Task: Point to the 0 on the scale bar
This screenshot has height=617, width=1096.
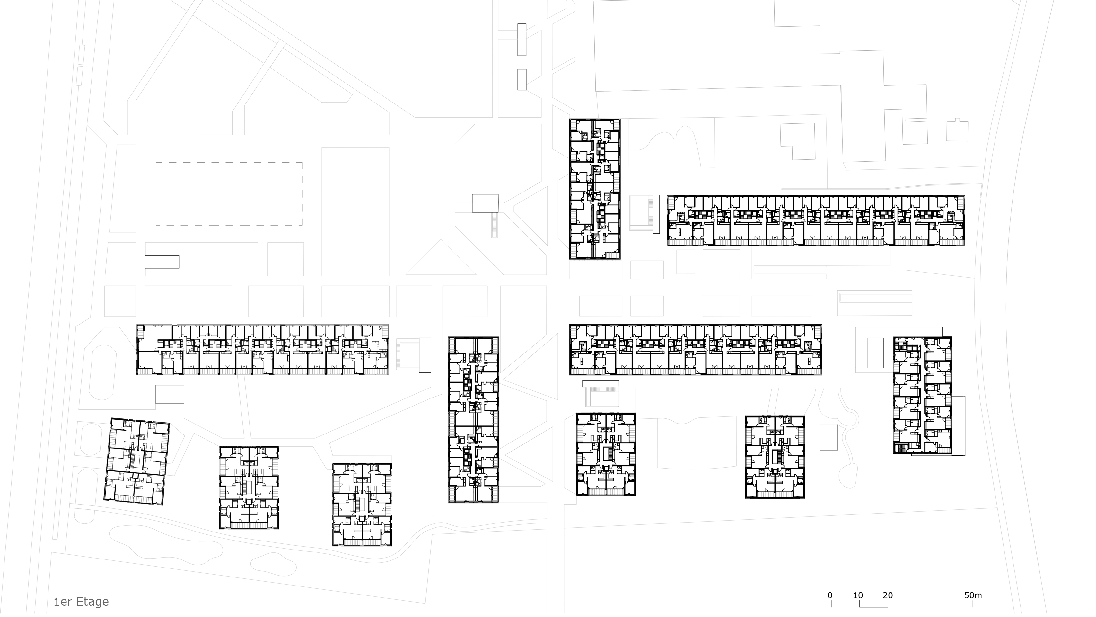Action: coord(830,595)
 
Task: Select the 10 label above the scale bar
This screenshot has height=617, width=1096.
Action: coord(858,595)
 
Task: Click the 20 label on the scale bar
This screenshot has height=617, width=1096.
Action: coord(888,595)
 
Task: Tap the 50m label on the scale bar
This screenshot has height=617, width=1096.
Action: coord(973,595)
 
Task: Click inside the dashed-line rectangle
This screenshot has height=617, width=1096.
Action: coord(229,194)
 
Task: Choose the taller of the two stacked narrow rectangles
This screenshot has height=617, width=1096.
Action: coord(522,40)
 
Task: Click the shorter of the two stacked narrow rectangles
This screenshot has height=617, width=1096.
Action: coord(522,80)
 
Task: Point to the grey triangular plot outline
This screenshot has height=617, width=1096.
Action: coord(441,262)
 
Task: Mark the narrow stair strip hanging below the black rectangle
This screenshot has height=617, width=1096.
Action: coord(494,225)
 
